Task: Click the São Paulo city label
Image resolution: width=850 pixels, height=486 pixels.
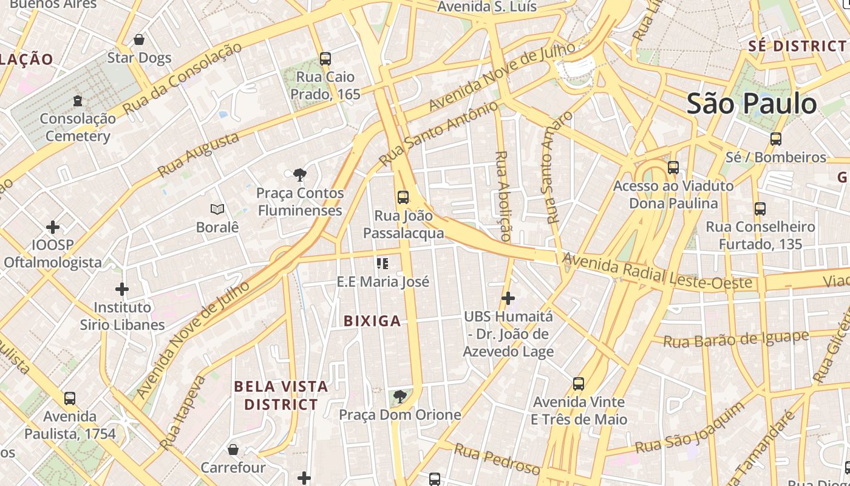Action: pos(751,104)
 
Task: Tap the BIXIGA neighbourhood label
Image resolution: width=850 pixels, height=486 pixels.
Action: pos(372,321)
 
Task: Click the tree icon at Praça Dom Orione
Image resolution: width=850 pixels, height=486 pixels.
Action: pos(399,397)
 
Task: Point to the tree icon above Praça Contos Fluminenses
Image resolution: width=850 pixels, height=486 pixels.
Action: pos(299,176)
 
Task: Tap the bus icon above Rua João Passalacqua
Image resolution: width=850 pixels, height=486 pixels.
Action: pos(403,197)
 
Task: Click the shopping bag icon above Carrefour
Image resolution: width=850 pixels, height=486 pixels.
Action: pos(233,450)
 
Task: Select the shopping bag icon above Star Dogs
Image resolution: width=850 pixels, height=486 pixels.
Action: pos(139,40)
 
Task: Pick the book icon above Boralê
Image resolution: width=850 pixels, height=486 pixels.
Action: pos(217,210)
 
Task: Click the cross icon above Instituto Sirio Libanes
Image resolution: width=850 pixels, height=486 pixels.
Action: pos(122,289)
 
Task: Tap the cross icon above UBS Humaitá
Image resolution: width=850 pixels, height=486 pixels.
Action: pos(508,298)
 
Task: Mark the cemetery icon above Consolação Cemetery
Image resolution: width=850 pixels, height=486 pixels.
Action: pos(78,101)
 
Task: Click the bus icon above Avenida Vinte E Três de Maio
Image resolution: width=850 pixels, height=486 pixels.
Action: pos(579,384)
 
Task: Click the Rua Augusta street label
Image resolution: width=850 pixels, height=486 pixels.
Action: pos(199,156)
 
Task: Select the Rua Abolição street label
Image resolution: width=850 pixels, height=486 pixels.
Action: pos(503,196)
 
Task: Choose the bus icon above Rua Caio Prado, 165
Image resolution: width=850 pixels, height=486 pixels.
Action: pos(325,59)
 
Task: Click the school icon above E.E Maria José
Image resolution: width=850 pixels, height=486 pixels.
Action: pos(382,264)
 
